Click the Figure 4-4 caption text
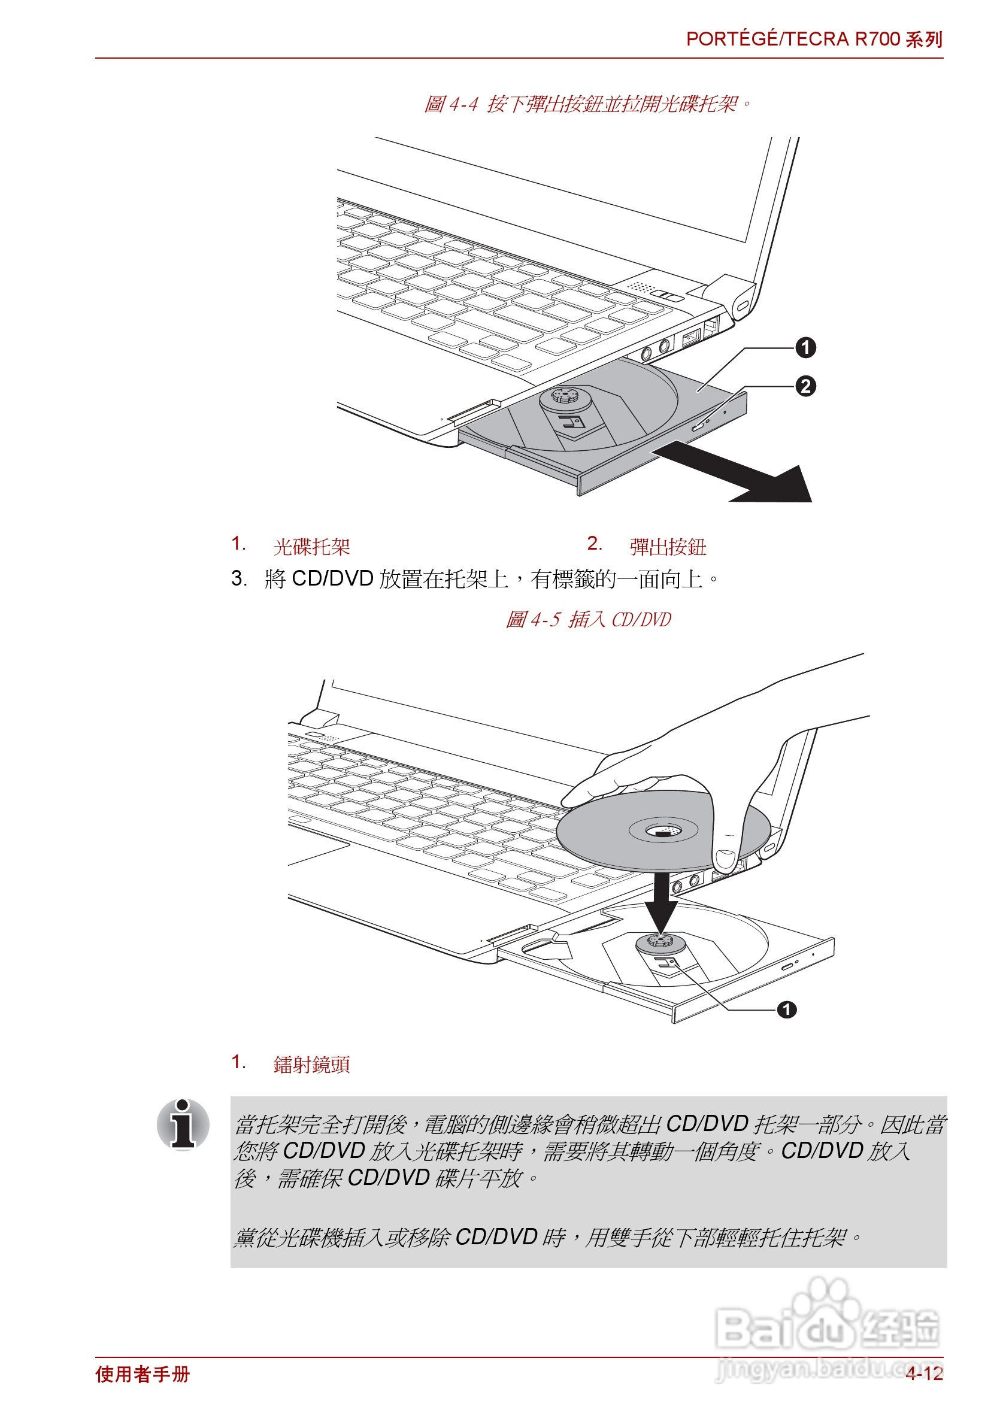point(586,104)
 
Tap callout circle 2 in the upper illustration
point(805,386)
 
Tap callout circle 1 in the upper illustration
point(805,347)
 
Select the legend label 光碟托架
point(311,547)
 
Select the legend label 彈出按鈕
point(667,547)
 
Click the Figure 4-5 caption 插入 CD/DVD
point(587,620)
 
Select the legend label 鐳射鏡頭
point(311,1065)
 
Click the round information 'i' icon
point(183,1124)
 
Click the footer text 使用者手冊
point(142,1374)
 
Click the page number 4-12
point(923,1374)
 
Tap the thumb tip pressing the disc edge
point(724,860)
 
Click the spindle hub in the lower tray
point(660,942)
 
